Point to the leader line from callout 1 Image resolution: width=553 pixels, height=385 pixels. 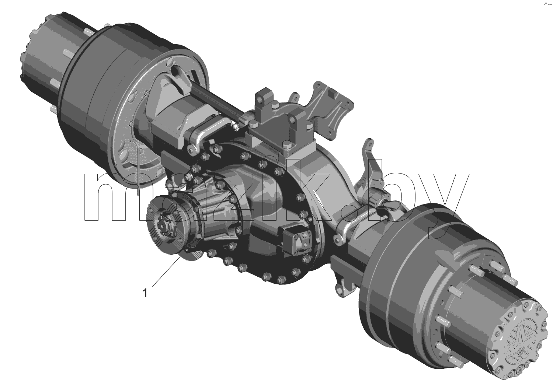pos(167,271)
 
